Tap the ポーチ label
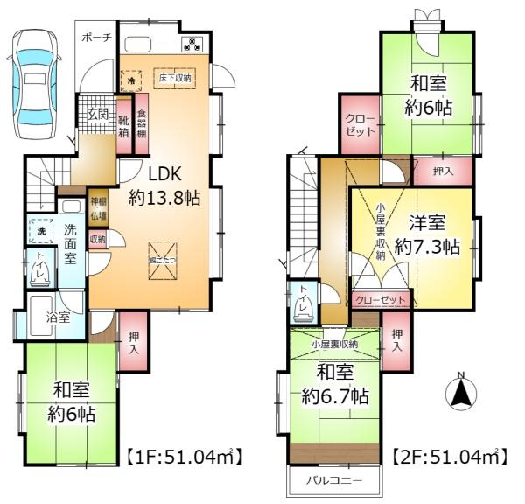coord(97,38)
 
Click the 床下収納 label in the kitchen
coord(175,79)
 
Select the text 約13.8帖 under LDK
coord(167,198)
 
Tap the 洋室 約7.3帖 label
coord(426,235)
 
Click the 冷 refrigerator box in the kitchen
coord(131,79)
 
